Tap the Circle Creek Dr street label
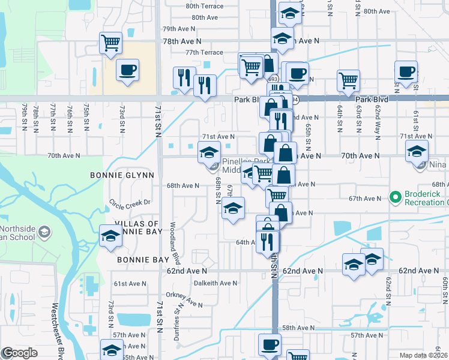pyautogui.click(x=129, y=203)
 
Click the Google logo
pyautogui.click(x=19, y=353)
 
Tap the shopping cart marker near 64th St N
pyautogui.click(x=348, y=80)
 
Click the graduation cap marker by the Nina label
pyautogui.click(x=416, y=152)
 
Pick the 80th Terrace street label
pyautogui.click(x=204, y=7)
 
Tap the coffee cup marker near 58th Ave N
pyautogui.click(x=270, y=345)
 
